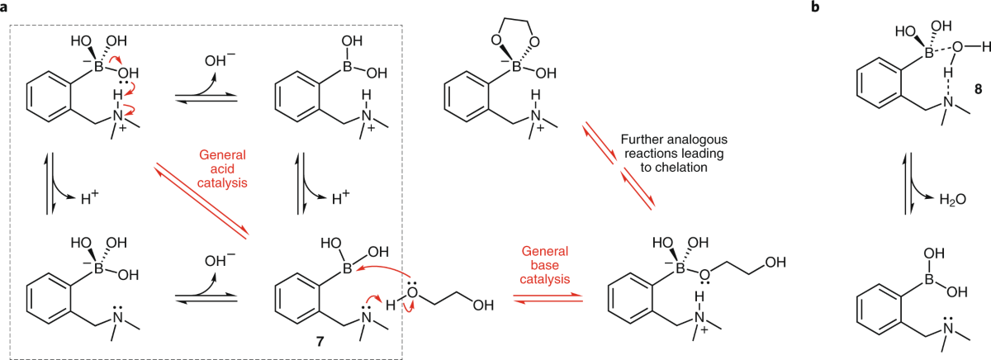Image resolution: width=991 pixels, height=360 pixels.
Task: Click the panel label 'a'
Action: click(6, 7)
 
